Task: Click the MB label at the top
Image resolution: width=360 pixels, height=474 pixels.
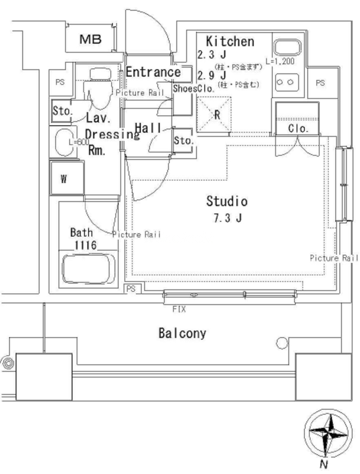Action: pos(90,40)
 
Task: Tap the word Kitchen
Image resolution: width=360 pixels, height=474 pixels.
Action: pos(230,41)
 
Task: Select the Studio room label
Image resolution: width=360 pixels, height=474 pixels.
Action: pos(227,201)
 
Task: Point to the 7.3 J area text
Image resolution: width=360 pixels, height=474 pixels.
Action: pos(227,218)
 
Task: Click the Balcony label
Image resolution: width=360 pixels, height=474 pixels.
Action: pos(182,333)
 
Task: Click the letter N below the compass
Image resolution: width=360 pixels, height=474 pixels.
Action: pos(324,465)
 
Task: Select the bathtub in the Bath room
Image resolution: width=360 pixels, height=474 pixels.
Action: pos(89,269)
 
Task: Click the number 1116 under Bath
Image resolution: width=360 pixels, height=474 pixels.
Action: pos(85,246)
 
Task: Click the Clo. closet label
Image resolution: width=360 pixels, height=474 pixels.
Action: pos(298,129)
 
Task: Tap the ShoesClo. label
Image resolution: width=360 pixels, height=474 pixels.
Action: pos(194,89)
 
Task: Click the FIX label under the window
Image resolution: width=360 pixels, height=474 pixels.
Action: pos(179,309)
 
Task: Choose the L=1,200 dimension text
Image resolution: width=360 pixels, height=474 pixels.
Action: pos(280,61)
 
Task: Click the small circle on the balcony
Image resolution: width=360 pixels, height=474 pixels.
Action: pos(282,343)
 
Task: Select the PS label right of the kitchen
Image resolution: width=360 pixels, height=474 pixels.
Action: pos(320,83)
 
